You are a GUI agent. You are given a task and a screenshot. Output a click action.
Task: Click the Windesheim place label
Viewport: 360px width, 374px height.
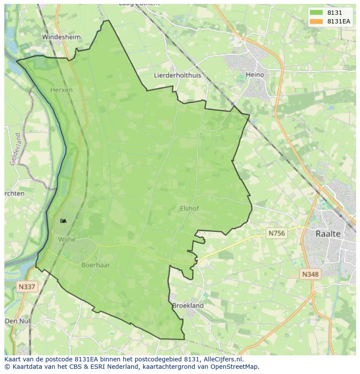point(61,37)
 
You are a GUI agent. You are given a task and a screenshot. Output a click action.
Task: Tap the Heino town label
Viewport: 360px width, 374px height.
point(255,75)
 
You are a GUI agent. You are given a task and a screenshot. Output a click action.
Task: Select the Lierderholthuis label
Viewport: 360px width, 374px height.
point(177,75)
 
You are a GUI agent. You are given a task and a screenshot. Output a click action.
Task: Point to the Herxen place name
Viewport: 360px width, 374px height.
point(61,90)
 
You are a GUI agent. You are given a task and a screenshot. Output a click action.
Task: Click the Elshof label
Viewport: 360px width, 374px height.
point(189,209)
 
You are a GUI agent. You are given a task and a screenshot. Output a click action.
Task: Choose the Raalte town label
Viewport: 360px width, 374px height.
point(328,234)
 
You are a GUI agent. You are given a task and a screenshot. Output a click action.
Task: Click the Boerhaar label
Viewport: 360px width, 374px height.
point(96,265)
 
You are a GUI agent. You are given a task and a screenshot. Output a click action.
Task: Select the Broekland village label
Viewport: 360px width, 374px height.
point(188,305)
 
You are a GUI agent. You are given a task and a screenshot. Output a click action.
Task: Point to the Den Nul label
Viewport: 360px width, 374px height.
point(17,321)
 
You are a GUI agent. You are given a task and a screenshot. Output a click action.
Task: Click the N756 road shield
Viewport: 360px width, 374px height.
point(277,233)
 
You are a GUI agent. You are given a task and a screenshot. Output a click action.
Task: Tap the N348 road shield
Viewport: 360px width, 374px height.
point(310,274)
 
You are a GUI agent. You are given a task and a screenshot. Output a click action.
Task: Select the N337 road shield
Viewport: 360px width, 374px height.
point(27,287)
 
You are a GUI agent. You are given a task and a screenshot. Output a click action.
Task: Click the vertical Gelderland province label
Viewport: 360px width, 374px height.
point(15,149)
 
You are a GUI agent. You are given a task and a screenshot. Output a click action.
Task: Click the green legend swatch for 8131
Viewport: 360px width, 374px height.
point(316,13)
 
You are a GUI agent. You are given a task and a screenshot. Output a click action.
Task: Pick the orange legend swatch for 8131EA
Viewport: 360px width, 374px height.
point(316,21)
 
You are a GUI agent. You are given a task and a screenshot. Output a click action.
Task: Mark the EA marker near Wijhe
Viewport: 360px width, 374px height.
point(63,221)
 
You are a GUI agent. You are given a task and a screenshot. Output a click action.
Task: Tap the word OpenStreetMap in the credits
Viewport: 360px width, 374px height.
point(236,367)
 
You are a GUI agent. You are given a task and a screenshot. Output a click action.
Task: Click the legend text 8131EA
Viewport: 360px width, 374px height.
point(339,21)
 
